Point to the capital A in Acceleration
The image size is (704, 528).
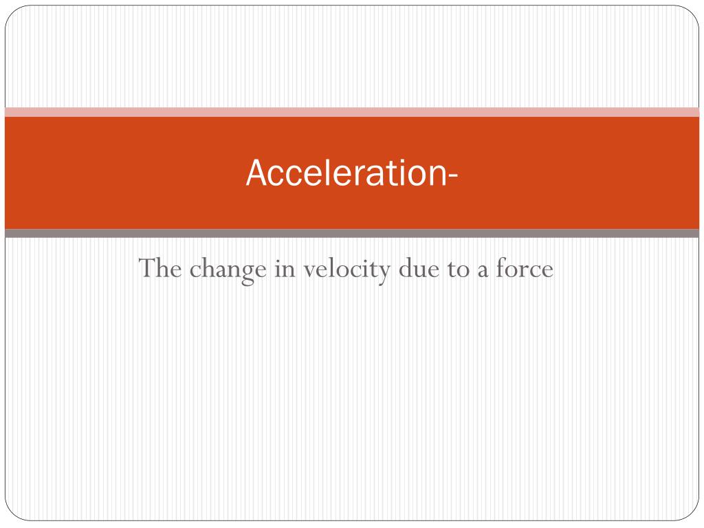coord(256,173)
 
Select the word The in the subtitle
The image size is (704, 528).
coord(160,268)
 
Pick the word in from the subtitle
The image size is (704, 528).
coord(285,268)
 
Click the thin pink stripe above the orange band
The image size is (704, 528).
coord(352,112)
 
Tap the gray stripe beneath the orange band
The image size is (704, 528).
coord(352,234)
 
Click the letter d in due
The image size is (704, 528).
coord(406,268)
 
